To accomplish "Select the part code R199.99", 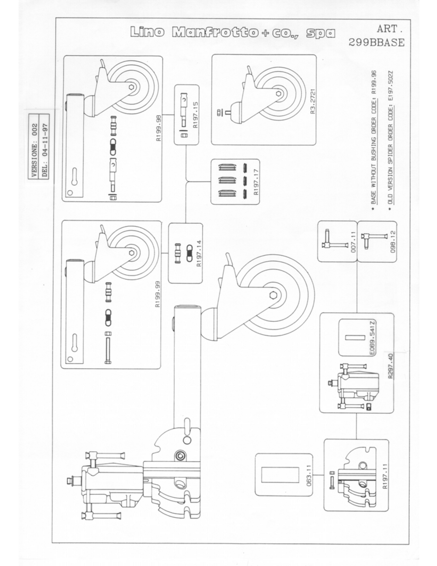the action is click(158, 294).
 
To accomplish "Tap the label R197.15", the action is click(196, 115).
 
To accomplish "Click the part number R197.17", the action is click(256, 182).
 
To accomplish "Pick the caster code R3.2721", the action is click(313, 101).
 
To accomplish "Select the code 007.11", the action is click(353, 243).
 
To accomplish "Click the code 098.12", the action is click(393, 242).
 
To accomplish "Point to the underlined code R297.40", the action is click(390, 366).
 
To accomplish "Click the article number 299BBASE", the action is click(376, 42).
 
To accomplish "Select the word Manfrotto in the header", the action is click(215, 32).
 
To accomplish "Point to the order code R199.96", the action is click(374, 82).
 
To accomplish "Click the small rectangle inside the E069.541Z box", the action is click(354, 338).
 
